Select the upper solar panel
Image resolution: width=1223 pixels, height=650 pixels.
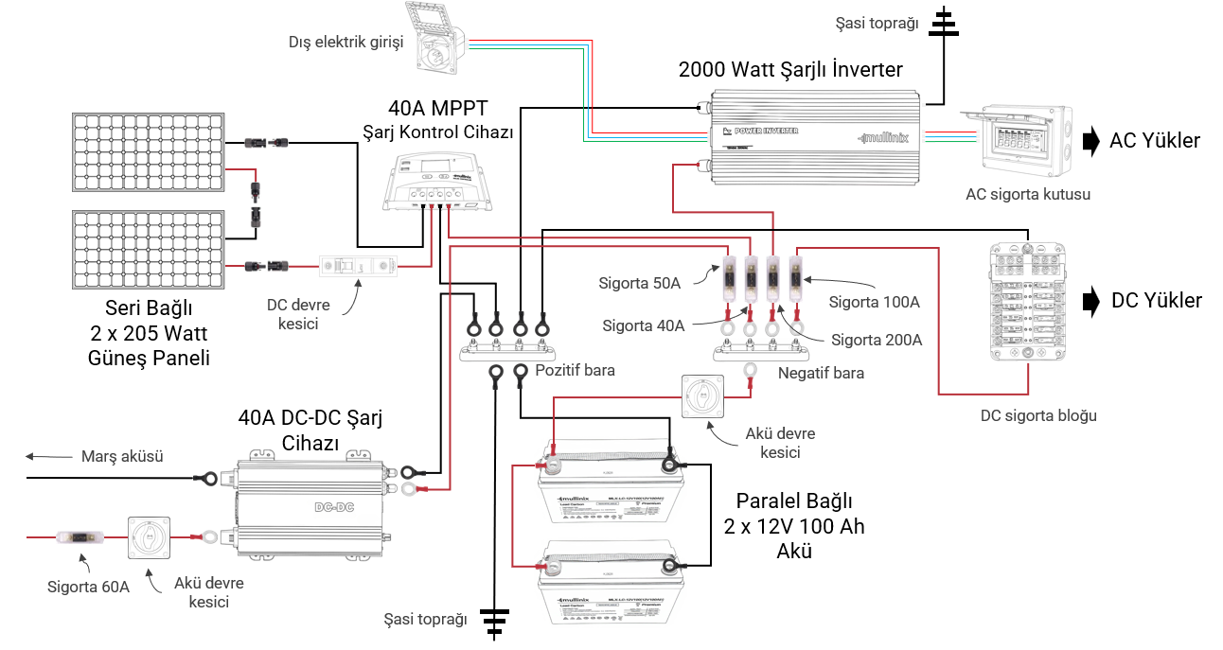tap(149, 151)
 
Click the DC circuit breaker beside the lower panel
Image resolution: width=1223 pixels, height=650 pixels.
tap(360, 266)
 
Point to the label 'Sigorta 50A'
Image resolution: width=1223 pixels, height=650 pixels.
tap(639, 283)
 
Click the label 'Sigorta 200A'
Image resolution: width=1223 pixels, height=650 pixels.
tap(877, 340)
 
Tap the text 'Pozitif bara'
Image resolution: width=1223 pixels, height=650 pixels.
tap(575, 370)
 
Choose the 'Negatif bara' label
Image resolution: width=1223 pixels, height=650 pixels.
tap(821, 373)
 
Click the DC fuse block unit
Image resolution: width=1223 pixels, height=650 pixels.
tap(1027, 302)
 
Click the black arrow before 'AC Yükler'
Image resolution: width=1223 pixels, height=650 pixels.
tap(1092, 141)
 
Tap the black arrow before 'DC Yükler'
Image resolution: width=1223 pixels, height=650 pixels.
tap(1092, 301)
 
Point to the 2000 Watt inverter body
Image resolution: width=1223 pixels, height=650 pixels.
tap(814, 136)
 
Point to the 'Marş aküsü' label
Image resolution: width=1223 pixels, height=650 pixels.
tap(122, 456)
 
